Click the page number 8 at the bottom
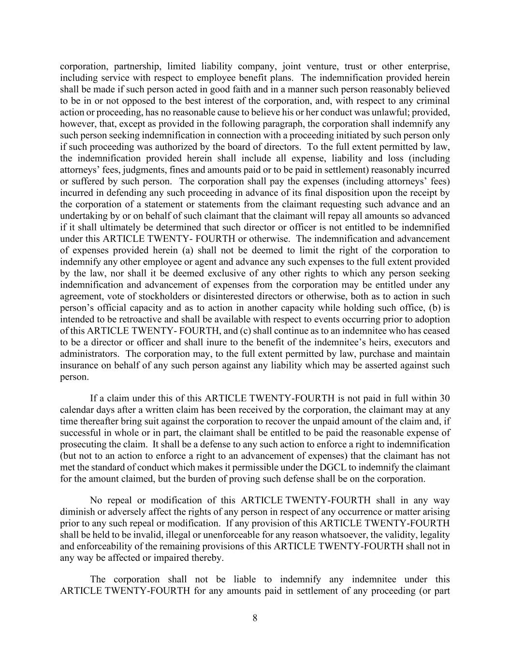(255, 617)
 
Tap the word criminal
(434, 101)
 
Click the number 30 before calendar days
(445, 398)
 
